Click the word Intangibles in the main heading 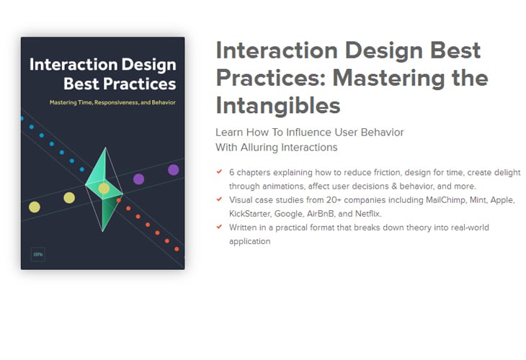coord(278,106)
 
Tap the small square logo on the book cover coord(38,254)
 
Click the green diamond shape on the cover coord(104,190)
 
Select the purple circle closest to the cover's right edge coord(174,170)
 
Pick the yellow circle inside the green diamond coord(104,189)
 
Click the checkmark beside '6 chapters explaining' coord(219,171)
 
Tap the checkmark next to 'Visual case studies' coord(219,199)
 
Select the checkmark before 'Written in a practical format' coord(219,227)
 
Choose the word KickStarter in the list coord(249,214)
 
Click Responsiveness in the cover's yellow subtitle coord(117,102)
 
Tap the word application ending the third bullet coord(249,242)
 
